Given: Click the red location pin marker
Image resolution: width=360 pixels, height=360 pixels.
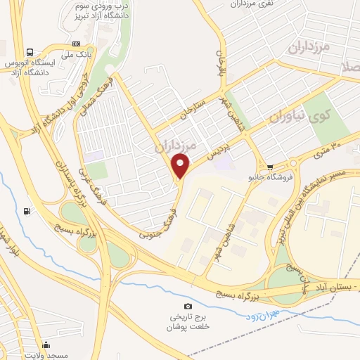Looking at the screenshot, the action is coord(181,166).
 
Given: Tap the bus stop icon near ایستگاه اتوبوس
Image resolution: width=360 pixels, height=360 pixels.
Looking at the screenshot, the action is coord(30,52).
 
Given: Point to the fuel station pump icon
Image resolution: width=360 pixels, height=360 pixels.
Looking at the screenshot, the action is coord(27,210).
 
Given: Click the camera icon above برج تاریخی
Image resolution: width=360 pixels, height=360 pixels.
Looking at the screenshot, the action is coord(188,306).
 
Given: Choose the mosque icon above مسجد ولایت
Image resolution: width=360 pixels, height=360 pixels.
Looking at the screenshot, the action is coord(46,345).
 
